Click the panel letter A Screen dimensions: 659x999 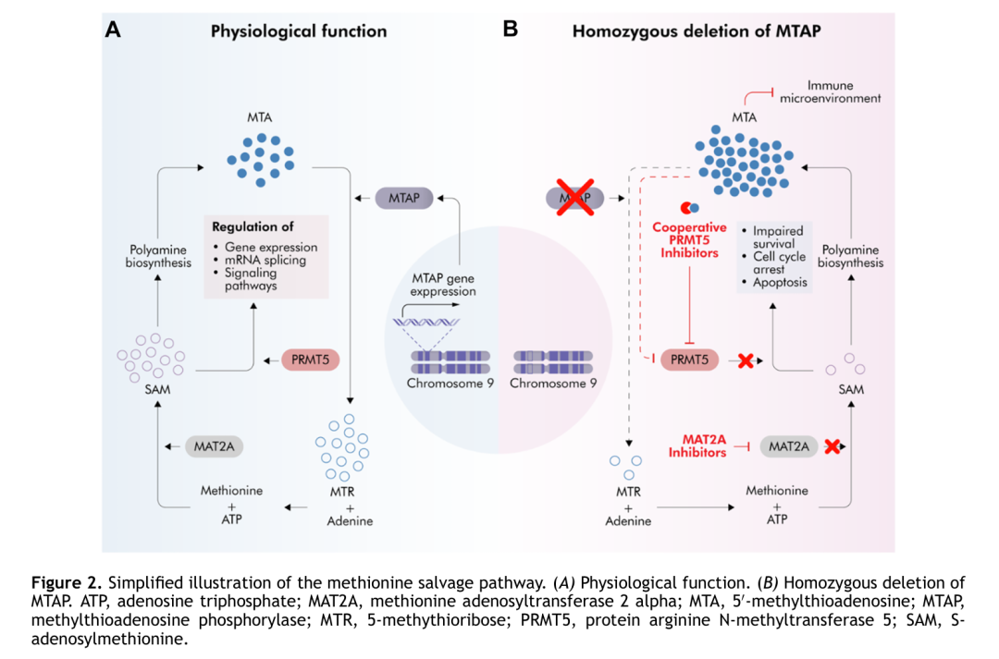click(x=113, y=30)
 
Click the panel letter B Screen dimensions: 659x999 click(x=510, y=30)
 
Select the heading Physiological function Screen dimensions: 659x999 click(x=299, y=31)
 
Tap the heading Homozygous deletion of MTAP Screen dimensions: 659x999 click(x=697, y=31)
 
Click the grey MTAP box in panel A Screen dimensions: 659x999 click(x=404, y=198)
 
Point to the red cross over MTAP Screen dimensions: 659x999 click(x=574, y=197)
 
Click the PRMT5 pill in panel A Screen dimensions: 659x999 click(x=311, y=360)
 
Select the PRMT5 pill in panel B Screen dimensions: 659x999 click(x=690, y=360)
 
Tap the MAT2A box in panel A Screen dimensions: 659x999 click(x=214, y=445)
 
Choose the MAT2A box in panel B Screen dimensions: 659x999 click(x=789, y=446)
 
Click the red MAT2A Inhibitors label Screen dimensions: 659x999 click(x=698, y=445)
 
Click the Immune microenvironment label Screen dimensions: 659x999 click(x=831, y=92)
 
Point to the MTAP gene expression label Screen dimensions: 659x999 click(x=444, y=284)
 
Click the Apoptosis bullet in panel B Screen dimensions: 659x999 click(x=781, y=283)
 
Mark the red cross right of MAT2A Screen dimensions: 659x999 click(x=832, y=446)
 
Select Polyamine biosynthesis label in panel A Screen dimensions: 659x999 click(x=158, y=256)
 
